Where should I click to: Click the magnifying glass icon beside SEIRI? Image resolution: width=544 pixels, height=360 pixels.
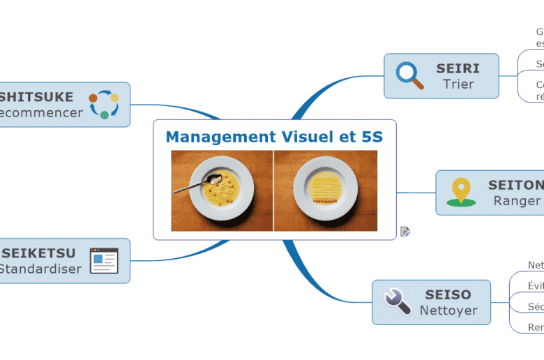[409, 76]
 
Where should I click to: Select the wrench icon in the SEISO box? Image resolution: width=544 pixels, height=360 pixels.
[398, 302]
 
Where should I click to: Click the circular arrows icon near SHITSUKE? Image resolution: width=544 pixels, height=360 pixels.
[103, 104]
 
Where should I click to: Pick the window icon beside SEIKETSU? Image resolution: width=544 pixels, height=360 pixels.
[104, 260]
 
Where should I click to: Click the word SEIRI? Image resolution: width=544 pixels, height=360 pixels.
[458, 68]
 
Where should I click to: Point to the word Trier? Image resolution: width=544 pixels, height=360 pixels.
[458, 84]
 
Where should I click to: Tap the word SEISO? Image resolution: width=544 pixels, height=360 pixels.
[448, 295]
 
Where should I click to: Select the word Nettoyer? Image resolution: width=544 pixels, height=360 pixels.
[448, 310]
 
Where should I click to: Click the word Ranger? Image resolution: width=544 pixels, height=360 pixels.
[517, 201]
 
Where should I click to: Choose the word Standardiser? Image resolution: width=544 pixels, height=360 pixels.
[40, 269]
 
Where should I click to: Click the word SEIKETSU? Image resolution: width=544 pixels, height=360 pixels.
[39, 253]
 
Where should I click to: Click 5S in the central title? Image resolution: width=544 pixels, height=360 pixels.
[372, 137]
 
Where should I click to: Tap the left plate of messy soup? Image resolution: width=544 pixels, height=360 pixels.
[222, 189]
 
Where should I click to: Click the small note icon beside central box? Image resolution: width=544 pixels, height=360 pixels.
[405, 232]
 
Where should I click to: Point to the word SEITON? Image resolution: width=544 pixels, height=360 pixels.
[516, 185]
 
